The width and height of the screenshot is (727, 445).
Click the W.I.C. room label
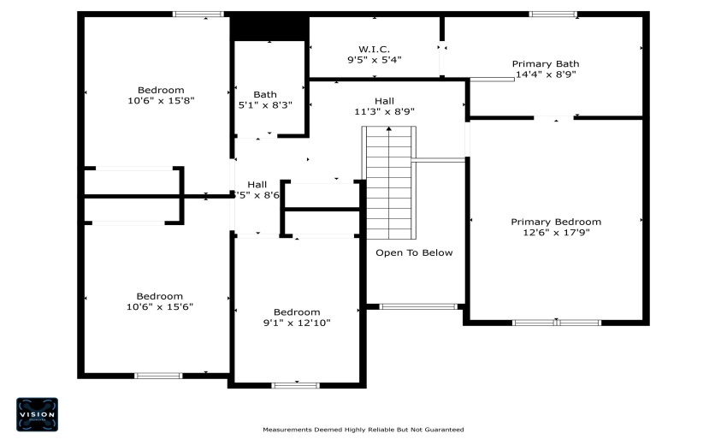click(x=374, y=48)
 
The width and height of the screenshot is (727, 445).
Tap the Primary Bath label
click(x=545, y=63)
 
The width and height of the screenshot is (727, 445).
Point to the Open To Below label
click(x=414, y=252)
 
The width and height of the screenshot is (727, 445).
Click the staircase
click(x=389, y=183)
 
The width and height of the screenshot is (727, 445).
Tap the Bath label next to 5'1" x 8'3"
click(x=264, y=94)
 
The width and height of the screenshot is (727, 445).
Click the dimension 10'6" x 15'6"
click(x=160, y=306)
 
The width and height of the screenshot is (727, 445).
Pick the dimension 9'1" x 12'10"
click(x=296, y=323)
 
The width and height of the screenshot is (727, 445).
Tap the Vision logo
click(x=38, y=414)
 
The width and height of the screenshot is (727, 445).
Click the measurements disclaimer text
click(x=363, y=430)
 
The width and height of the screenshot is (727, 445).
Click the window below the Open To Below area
click(x=418, y=306)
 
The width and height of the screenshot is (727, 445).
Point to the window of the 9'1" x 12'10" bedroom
click(x=295, y=385)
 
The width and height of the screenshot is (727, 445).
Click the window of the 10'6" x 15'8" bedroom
click(x=198, y=14)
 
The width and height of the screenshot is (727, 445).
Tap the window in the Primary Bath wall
click(x=553, y=14)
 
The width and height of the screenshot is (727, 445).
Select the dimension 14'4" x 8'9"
click(x=545, y=74)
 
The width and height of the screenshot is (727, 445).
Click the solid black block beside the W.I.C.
click(x=269, y=28)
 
